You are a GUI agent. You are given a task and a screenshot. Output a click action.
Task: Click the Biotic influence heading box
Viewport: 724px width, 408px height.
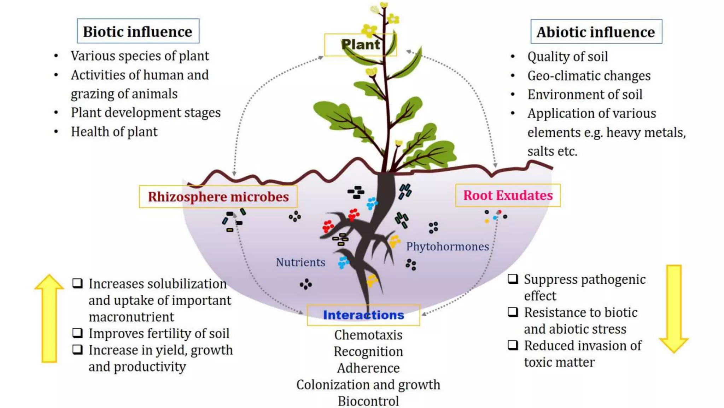click(138, 31)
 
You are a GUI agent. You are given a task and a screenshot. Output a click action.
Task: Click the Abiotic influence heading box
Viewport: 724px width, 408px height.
click(596, 32)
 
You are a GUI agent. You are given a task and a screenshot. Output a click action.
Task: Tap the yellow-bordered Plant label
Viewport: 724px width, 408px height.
click(360, 45)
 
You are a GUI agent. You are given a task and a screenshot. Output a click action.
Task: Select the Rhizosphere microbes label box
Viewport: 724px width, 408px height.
click(218, 197)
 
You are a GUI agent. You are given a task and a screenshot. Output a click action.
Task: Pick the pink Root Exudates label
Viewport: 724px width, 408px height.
click(508, 195)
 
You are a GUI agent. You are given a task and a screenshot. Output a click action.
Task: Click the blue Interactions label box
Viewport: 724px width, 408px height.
click(363, 315)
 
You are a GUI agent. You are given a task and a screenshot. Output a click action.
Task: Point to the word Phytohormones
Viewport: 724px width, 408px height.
click(447, 246)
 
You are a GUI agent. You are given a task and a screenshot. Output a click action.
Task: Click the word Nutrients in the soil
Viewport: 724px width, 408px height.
click(300, 262)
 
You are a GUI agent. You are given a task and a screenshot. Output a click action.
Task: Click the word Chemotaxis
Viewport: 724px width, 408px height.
click(368, 335)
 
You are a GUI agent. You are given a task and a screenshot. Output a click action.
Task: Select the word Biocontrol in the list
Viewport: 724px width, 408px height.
click(368, 401)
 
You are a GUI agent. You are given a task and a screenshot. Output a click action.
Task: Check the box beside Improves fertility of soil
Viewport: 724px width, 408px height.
click(77, 333)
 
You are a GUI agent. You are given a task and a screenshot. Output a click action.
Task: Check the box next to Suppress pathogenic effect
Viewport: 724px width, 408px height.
click(513, 279)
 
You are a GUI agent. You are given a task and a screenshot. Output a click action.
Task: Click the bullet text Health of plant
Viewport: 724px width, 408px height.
click(114, 132)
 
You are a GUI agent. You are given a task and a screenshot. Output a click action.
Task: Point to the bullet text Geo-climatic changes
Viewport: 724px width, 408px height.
click(589, 76)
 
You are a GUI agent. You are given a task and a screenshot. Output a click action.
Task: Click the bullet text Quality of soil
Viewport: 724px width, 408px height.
click(567, 57)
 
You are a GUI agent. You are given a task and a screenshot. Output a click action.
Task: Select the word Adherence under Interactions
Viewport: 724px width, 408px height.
click(368, 368)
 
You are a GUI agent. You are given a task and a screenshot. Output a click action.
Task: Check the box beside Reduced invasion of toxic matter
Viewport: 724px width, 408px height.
click(513, 345)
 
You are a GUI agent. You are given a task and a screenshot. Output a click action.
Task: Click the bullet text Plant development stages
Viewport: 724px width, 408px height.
click(146, 113)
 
